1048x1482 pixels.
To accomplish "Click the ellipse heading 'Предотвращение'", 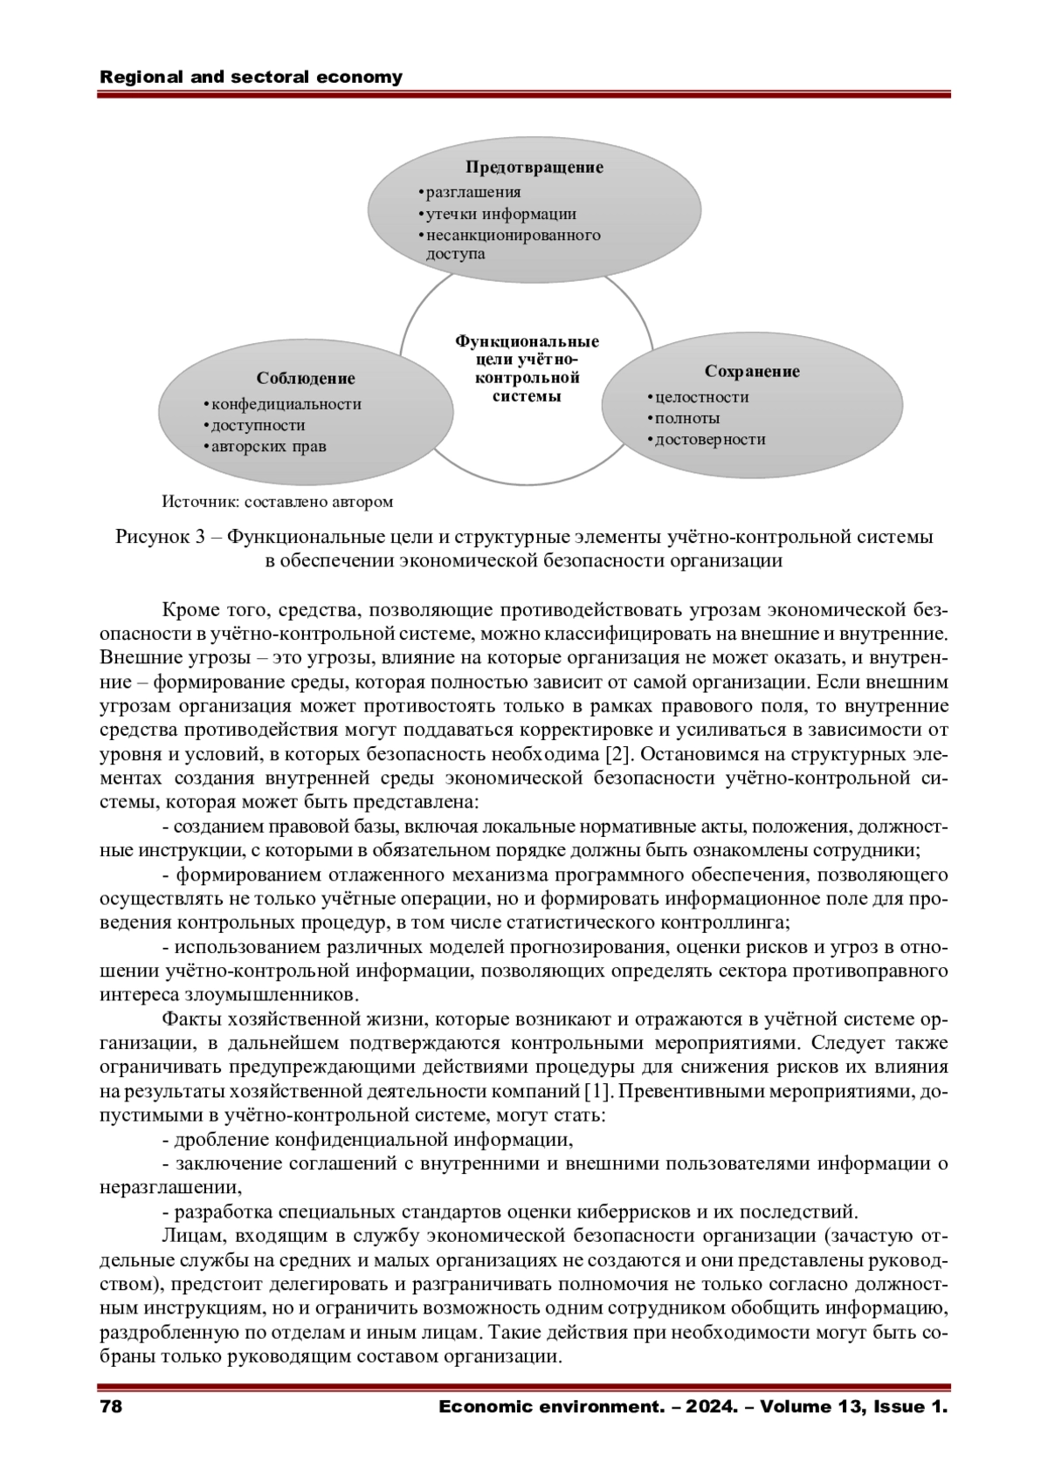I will (x=534, y=167).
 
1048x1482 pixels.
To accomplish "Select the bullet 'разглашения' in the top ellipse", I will (x=473, y=192).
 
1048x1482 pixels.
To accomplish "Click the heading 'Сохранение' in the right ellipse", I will (x=752, y=371).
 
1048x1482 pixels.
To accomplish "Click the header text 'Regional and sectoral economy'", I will (x=252, y=77).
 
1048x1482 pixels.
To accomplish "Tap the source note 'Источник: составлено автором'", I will (x=278, y=502).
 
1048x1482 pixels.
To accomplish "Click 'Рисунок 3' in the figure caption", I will (x=160, y=537).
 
